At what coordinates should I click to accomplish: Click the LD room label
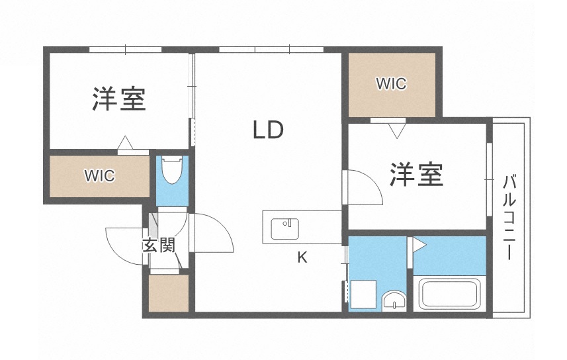(268, 130)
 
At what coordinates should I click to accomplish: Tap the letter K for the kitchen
(302, 258)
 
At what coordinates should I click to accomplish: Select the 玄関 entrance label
(159, 245)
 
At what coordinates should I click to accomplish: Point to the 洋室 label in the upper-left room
(119, 99)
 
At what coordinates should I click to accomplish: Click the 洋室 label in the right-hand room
(416, 175)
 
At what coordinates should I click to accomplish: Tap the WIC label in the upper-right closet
(391, 84)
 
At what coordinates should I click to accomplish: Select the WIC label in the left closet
(99, 176)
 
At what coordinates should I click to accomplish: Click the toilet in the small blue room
(172, 171)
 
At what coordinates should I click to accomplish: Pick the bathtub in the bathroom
(450, 294)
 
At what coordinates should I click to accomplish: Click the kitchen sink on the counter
(285, 228)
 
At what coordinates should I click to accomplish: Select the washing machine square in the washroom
(363, 293)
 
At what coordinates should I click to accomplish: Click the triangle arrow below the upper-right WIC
(397, 130)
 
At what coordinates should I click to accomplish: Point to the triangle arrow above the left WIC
(124, 143)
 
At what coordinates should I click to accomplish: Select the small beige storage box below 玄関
(168, 292)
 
